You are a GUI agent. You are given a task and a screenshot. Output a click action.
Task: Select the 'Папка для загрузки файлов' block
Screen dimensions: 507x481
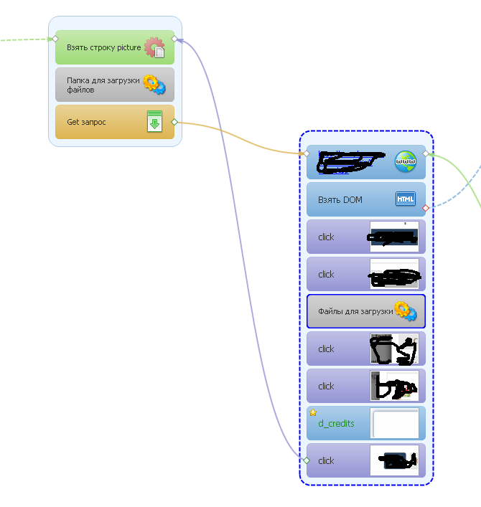point(101,85)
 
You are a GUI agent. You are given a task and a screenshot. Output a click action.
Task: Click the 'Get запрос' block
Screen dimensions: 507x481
point(101,123)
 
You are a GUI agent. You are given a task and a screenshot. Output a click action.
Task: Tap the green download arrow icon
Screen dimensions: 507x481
point(154,122)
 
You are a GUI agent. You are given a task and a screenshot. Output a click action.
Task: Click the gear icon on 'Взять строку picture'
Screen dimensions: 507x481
point(154,48)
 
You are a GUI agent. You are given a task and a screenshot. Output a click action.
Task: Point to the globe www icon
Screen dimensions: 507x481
point(405,162)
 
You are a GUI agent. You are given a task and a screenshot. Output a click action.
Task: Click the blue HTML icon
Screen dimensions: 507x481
point(405,199)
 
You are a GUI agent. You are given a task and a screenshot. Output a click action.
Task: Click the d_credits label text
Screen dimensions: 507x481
point(336,423)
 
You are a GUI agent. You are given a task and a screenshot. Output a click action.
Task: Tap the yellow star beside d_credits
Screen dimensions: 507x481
point(313,412)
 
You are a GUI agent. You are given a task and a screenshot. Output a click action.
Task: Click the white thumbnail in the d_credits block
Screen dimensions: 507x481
point(394,423)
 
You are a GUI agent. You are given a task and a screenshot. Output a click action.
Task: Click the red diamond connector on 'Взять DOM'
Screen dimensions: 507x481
point(426,208)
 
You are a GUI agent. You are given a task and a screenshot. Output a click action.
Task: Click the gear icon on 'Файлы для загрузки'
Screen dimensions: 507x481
point(406,311)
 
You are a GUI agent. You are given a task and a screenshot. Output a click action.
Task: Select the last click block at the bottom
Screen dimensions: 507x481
point(337,460)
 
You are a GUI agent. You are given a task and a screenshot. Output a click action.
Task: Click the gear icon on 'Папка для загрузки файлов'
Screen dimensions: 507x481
point(154,85)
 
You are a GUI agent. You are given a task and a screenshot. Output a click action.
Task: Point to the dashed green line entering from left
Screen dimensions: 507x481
point(25,39)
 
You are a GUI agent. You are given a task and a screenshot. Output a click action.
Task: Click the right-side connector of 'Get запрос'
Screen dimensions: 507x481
point(174,122)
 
